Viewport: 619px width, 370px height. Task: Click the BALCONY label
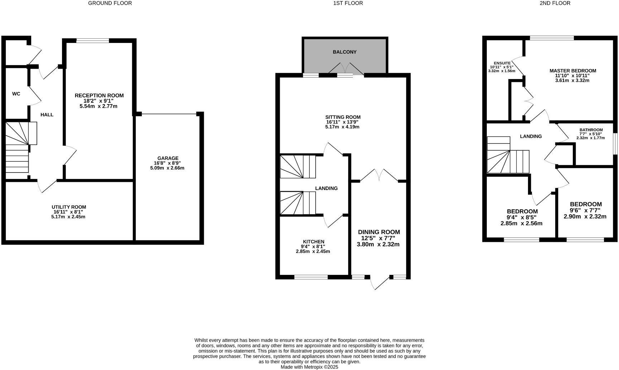[x=345, y=52]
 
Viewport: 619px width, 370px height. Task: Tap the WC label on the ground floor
[x=16, y=94]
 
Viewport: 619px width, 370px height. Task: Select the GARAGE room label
[x=168, y=158]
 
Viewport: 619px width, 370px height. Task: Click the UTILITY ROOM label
[x=69, y=207]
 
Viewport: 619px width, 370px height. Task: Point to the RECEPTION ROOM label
[x=99, y=96]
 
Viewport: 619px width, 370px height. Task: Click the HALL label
[x=47, y=115]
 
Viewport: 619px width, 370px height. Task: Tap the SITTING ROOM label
[x=343, y=117]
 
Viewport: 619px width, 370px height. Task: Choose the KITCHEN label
[x=313, y=242]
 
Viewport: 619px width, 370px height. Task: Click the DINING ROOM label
[x=379, y=232]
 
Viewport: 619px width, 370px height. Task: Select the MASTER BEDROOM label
[x=573, y=71]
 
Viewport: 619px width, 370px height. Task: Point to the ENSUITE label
[x=502, y=63]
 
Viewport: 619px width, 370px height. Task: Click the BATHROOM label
[x=591, y=130]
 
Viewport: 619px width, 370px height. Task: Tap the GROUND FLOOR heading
[x=110, y=3]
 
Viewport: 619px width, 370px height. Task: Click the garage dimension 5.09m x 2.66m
[x=167, y=168]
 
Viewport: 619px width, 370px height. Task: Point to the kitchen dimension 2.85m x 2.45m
[x=313, y=251]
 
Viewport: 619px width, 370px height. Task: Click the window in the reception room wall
[x=92, y=40]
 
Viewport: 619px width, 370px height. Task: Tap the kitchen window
[x=311, y=277]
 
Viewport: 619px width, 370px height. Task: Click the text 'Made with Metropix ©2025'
[x=309, y=367]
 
